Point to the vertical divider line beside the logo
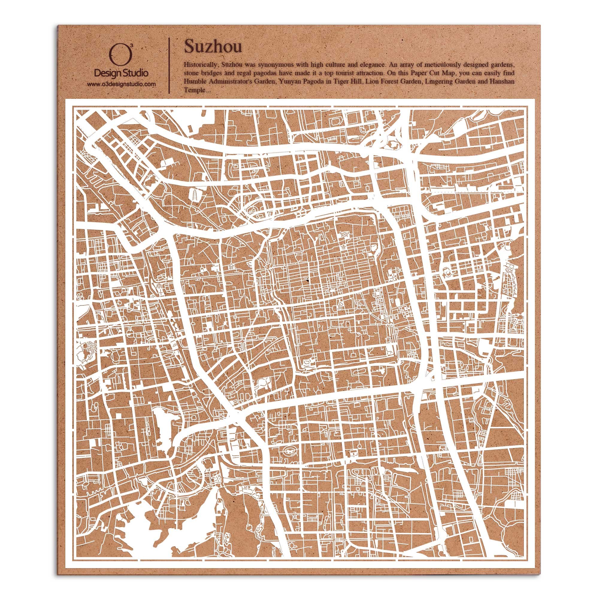tap(169, 66)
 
